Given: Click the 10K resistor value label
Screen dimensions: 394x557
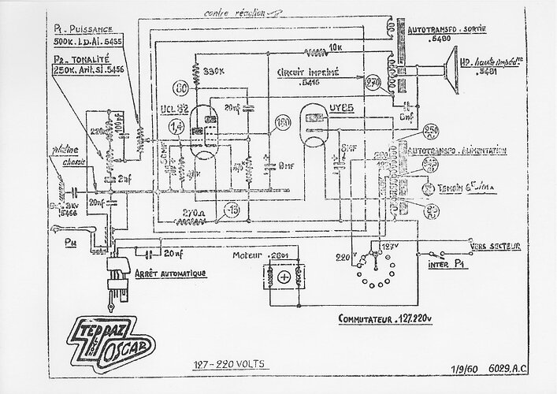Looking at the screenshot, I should (x=338, y=47).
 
